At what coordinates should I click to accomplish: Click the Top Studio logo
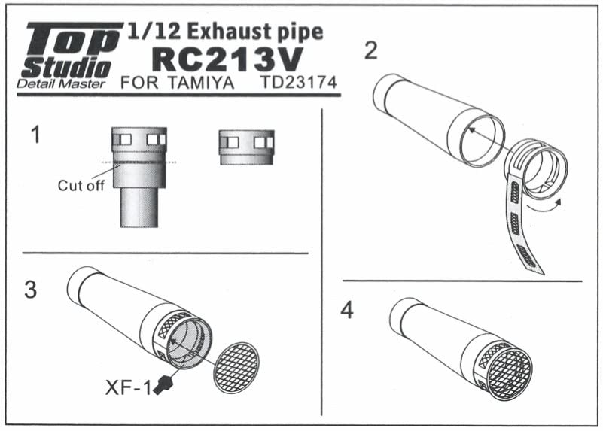point(72,50)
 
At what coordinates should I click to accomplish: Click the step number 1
point(35,137)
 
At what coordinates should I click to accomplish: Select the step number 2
point(370,51)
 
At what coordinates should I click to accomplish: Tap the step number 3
point(32,290)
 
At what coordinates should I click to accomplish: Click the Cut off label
point(81,186)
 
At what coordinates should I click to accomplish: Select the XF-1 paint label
point(129,387)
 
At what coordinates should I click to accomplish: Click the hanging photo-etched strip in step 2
point(526,225)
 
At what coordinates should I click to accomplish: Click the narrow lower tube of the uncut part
point(139,208)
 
